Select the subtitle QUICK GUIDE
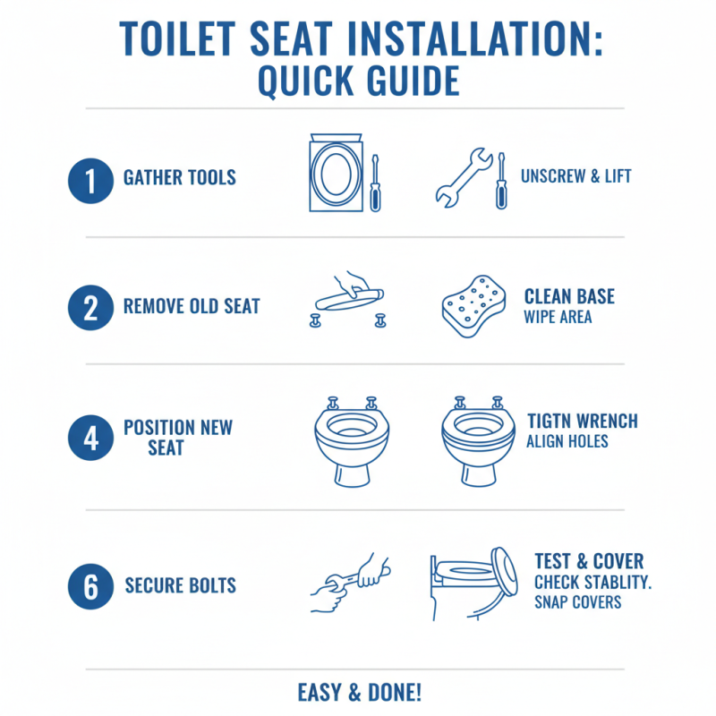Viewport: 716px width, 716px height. tap(358, 81)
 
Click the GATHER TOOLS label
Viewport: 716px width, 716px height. tap(179, 177)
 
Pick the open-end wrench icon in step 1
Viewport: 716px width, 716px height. tap(463, 177)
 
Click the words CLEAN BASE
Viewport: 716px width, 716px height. tap(569, 297)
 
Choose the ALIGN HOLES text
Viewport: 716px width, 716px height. tap(567, 441)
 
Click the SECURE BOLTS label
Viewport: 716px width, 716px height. tap(180, 586)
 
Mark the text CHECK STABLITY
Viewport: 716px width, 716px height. tap(592, 583)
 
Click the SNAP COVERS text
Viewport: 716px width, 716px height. tap(577, 602)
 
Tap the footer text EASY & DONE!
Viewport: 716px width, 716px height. tap(358, 692)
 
